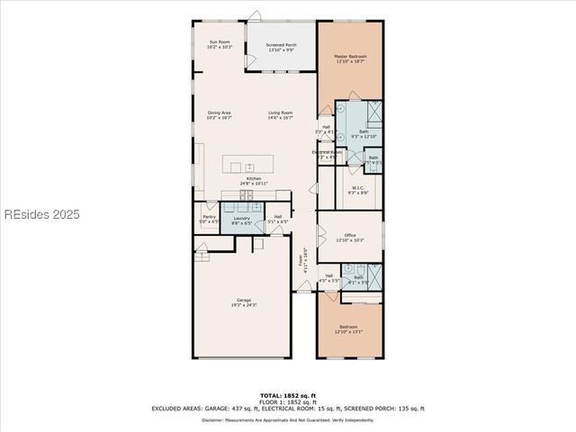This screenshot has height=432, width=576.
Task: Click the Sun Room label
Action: [x=220, y=41]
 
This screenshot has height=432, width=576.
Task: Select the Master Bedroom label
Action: [x=351, y=57]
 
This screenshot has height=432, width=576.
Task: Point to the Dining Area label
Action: [x=220, y=112]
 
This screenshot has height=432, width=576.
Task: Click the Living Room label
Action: [x=281, y=112]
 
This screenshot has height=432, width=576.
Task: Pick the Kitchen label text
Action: [x=255, y=178]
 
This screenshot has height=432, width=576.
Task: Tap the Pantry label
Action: [x=209, y=217]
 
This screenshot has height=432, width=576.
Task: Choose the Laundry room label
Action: [x=241, y=217]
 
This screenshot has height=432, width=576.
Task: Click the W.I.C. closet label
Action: [x=357, y=188]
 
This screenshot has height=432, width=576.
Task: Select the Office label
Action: [x=350, y=235]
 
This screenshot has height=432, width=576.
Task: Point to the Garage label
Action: [x=244, y=300]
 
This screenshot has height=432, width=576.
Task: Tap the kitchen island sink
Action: [x=249, y=167]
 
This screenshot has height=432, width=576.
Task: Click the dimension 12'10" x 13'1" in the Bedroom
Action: [x=348, y=331]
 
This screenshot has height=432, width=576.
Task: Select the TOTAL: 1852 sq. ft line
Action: [x=287, y=395]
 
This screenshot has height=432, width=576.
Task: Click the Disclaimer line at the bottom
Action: [x=287, y=419]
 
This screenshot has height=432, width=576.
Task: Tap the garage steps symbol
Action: [x=202, y=255]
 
